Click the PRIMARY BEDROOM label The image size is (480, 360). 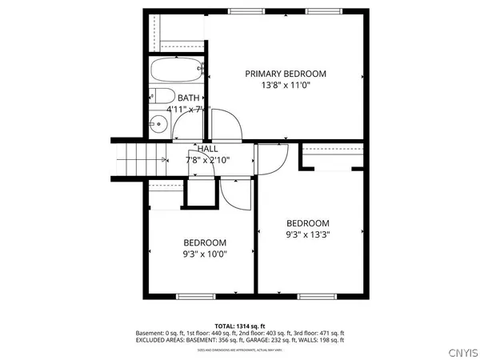point(285,74)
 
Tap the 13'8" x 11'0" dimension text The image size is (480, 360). point(285,85)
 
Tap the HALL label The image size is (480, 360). point(207,149)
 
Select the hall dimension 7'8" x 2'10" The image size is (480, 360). point(207,159)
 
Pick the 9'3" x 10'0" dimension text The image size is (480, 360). point(205,254)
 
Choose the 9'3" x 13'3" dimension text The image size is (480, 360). point(308,234)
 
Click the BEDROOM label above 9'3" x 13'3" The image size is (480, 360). point(308,223)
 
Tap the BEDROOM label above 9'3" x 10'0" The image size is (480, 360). point(205,243)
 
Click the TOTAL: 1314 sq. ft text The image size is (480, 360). point(240,326)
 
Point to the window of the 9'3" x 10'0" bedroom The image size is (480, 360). point(195,297)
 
